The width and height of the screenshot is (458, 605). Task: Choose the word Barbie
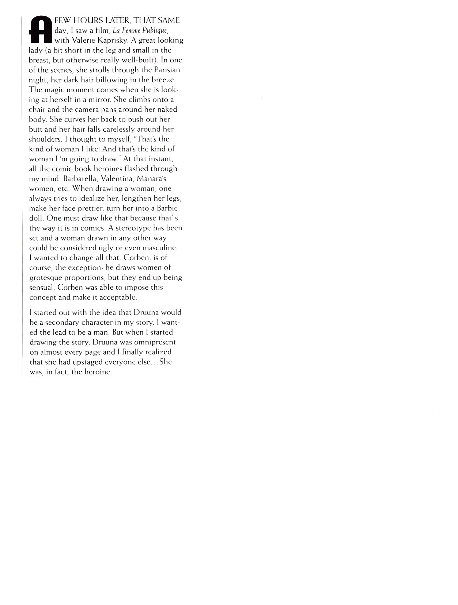167,208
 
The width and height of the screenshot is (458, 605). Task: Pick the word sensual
41,287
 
